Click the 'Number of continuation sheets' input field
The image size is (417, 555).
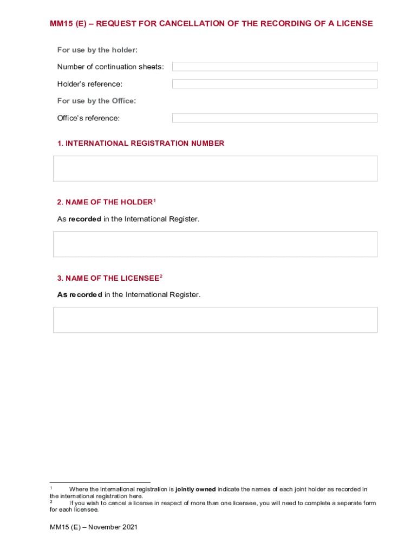[275, 67]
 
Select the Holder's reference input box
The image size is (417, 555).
[275, 84]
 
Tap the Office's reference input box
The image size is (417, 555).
[275, 118]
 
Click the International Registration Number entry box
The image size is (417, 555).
[215, 169]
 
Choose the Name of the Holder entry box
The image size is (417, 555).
[215, 244]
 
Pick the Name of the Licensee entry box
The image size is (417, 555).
[215, 320]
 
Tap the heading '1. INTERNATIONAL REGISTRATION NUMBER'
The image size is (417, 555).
[141, 144]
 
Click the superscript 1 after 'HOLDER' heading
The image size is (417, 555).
[154, 201]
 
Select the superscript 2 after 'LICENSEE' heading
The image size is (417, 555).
[161, 276]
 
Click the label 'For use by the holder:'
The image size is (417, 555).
[97, 50]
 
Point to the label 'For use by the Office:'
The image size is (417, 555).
[96, 101]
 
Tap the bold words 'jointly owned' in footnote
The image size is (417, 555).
[196, 489]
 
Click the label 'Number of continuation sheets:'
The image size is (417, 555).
[110, 67]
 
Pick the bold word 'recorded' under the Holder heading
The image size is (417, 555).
[84, 219]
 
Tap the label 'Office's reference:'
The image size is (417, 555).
[88, 118]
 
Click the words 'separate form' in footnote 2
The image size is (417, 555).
[355, 503]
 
